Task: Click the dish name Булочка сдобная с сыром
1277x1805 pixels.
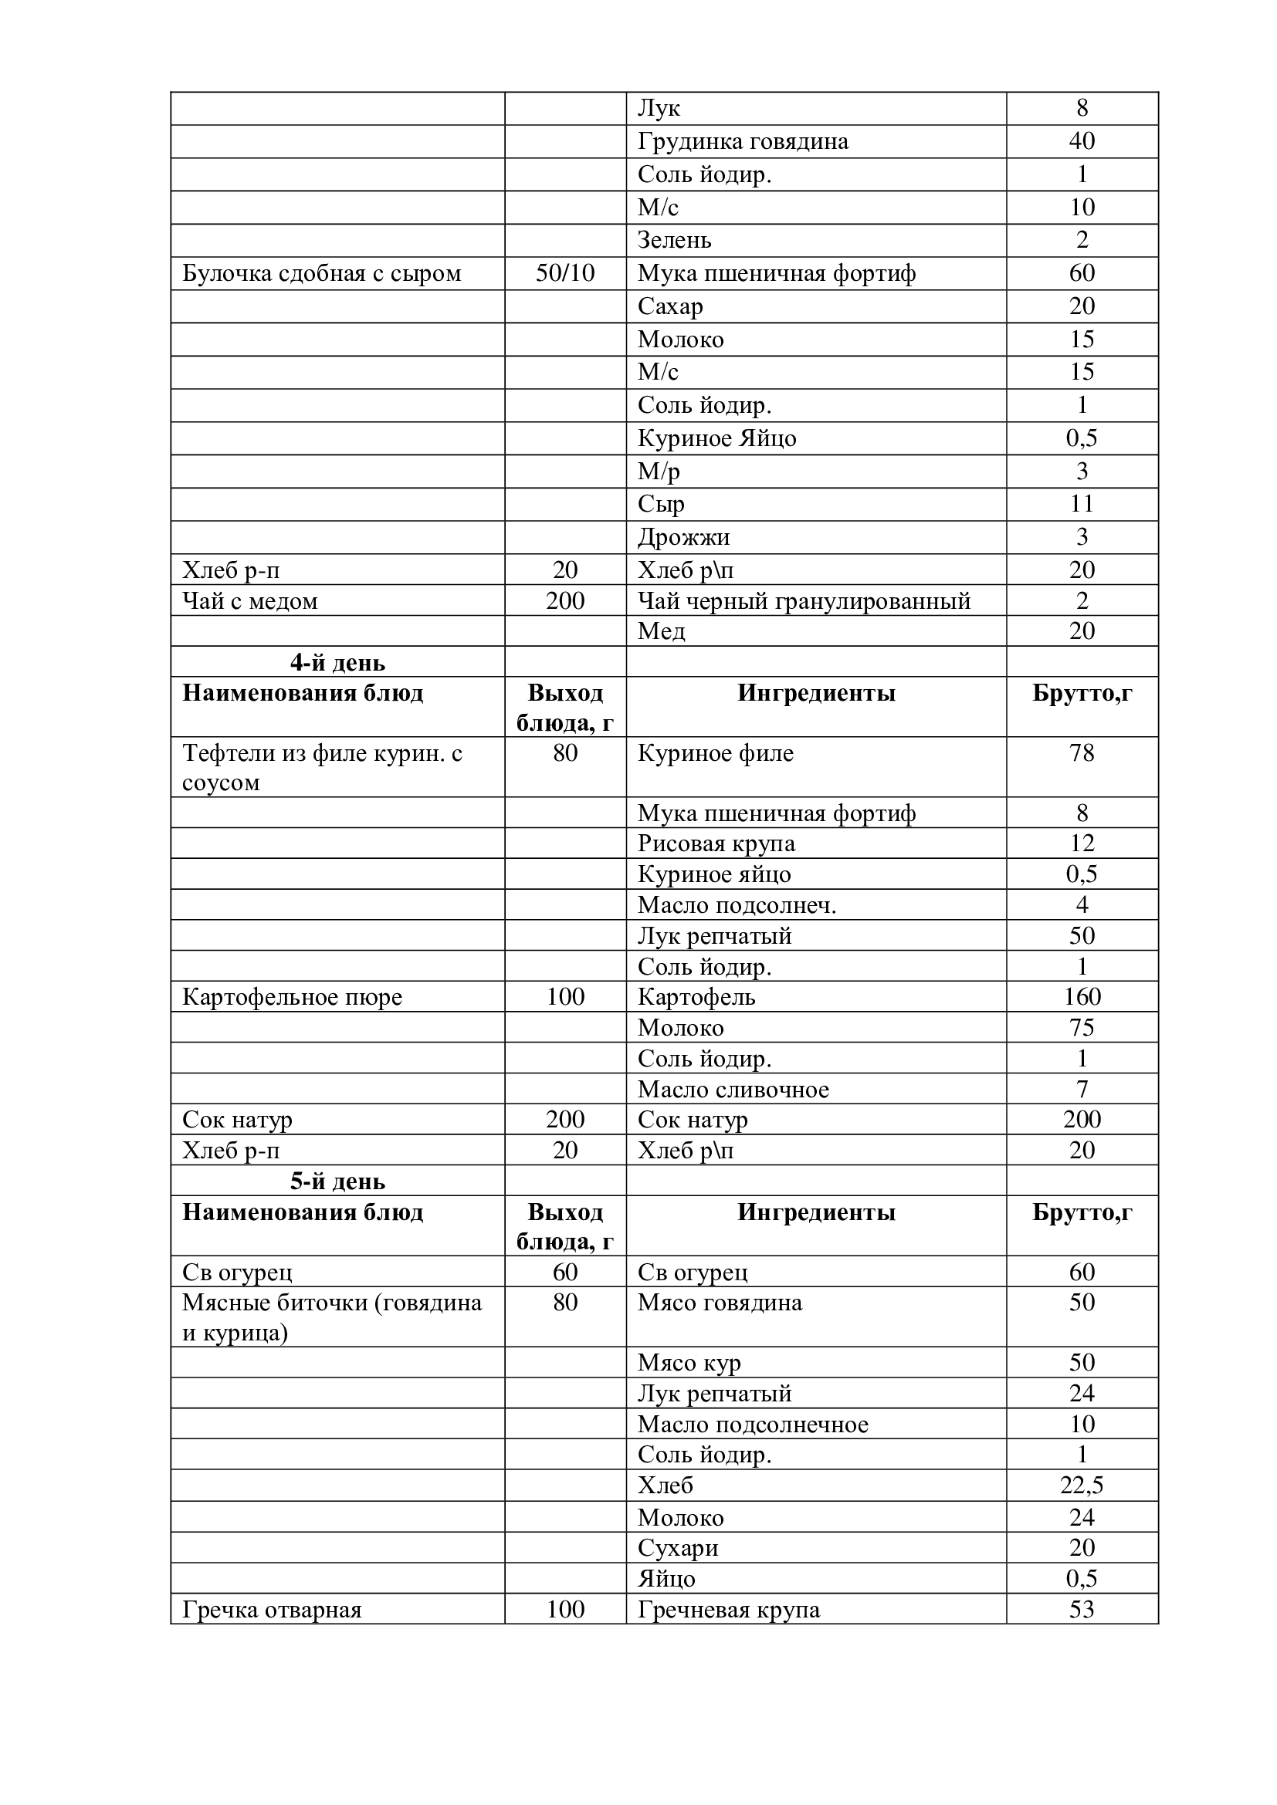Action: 322,274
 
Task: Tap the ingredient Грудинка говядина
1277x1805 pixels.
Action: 742,141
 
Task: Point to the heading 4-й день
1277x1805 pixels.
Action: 337,663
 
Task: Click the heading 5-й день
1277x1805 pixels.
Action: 337,1181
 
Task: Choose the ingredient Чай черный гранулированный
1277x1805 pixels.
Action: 804,601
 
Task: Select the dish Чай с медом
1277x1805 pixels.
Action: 250,601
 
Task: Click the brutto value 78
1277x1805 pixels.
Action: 1081,753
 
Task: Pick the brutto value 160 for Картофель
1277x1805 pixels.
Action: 1081,997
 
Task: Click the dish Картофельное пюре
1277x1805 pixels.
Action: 292,997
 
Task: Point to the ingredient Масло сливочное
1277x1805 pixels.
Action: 733,1090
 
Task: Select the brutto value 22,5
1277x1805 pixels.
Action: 1081,1485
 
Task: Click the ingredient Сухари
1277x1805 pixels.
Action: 677,1548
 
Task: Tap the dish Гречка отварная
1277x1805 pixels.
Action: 271,1610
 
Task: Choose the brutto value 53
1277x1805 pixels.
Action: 1081,1609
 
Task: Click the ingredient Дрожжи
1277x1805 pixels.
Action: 683,537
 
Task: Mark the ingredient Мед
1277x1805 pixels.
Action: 661,631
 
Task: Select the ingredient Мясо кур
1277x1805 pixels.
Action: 689,1362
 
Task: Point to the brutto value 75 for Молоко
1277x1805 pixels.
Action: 1081,1027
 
